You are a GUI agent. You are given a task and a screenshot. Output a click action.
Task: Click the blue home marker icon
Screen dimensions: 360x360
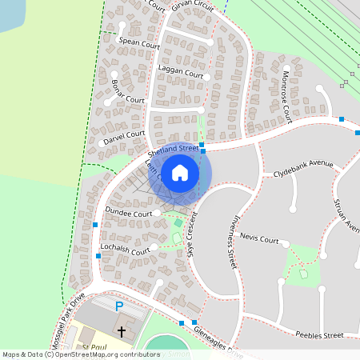click(180, 173)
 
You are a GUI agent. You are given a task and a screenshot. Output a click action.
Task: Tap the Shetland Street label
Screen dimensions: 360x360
click(173, 150)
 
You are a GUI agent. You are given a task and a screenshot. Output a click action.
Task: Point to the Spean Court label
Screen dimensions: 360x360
click(138, 43)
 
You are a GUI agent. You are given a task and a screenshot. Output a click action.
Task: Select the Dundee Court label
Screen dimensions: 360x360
click(128, 213)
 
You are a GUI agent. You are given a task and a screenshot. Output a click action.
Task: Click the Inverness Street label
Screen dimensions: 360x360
click(227, 241)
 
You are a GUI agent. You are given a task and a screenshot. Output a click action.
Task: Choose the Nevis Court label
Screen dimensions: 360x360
click(258, 238)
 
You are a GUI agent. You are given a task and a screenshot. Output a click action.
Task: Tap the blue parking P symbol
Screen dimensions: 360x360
click(119, 306)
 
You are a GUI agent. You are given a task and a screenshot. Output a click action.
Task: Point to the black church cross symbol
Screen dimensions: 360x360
click(122, 330)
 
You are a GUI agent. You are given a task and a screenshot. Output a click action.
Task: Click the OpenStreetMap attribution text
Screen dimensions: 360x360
click(80, 354)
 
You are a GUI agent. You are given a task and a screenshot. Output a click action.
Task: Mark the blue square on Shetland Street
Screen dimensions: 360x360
click(203, 150)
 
